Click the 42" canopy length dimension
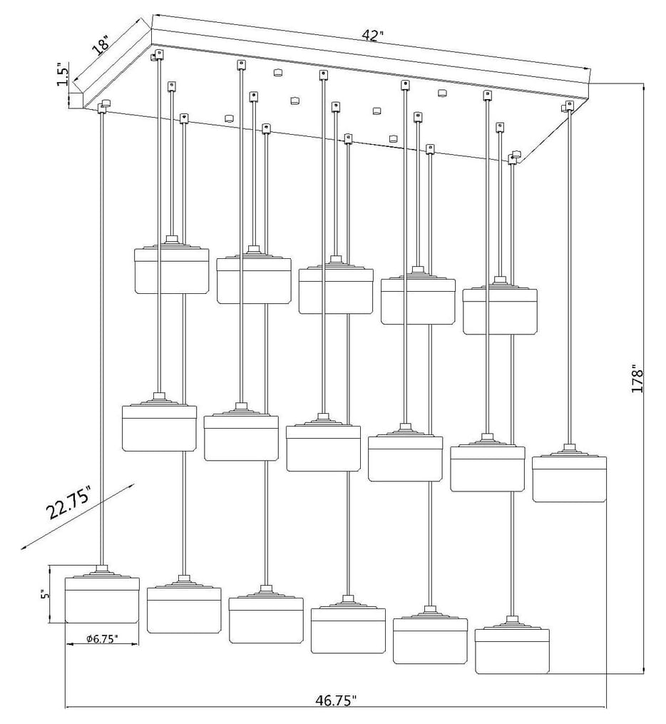[x=373, y=36]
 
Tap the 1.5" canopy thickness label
[x=62, y=75]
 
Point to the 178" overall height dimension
[x=637, y=380]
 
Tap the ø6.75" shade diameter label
[x=101, y=639]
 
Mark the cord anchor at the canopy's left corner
[x=103, y=107]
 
